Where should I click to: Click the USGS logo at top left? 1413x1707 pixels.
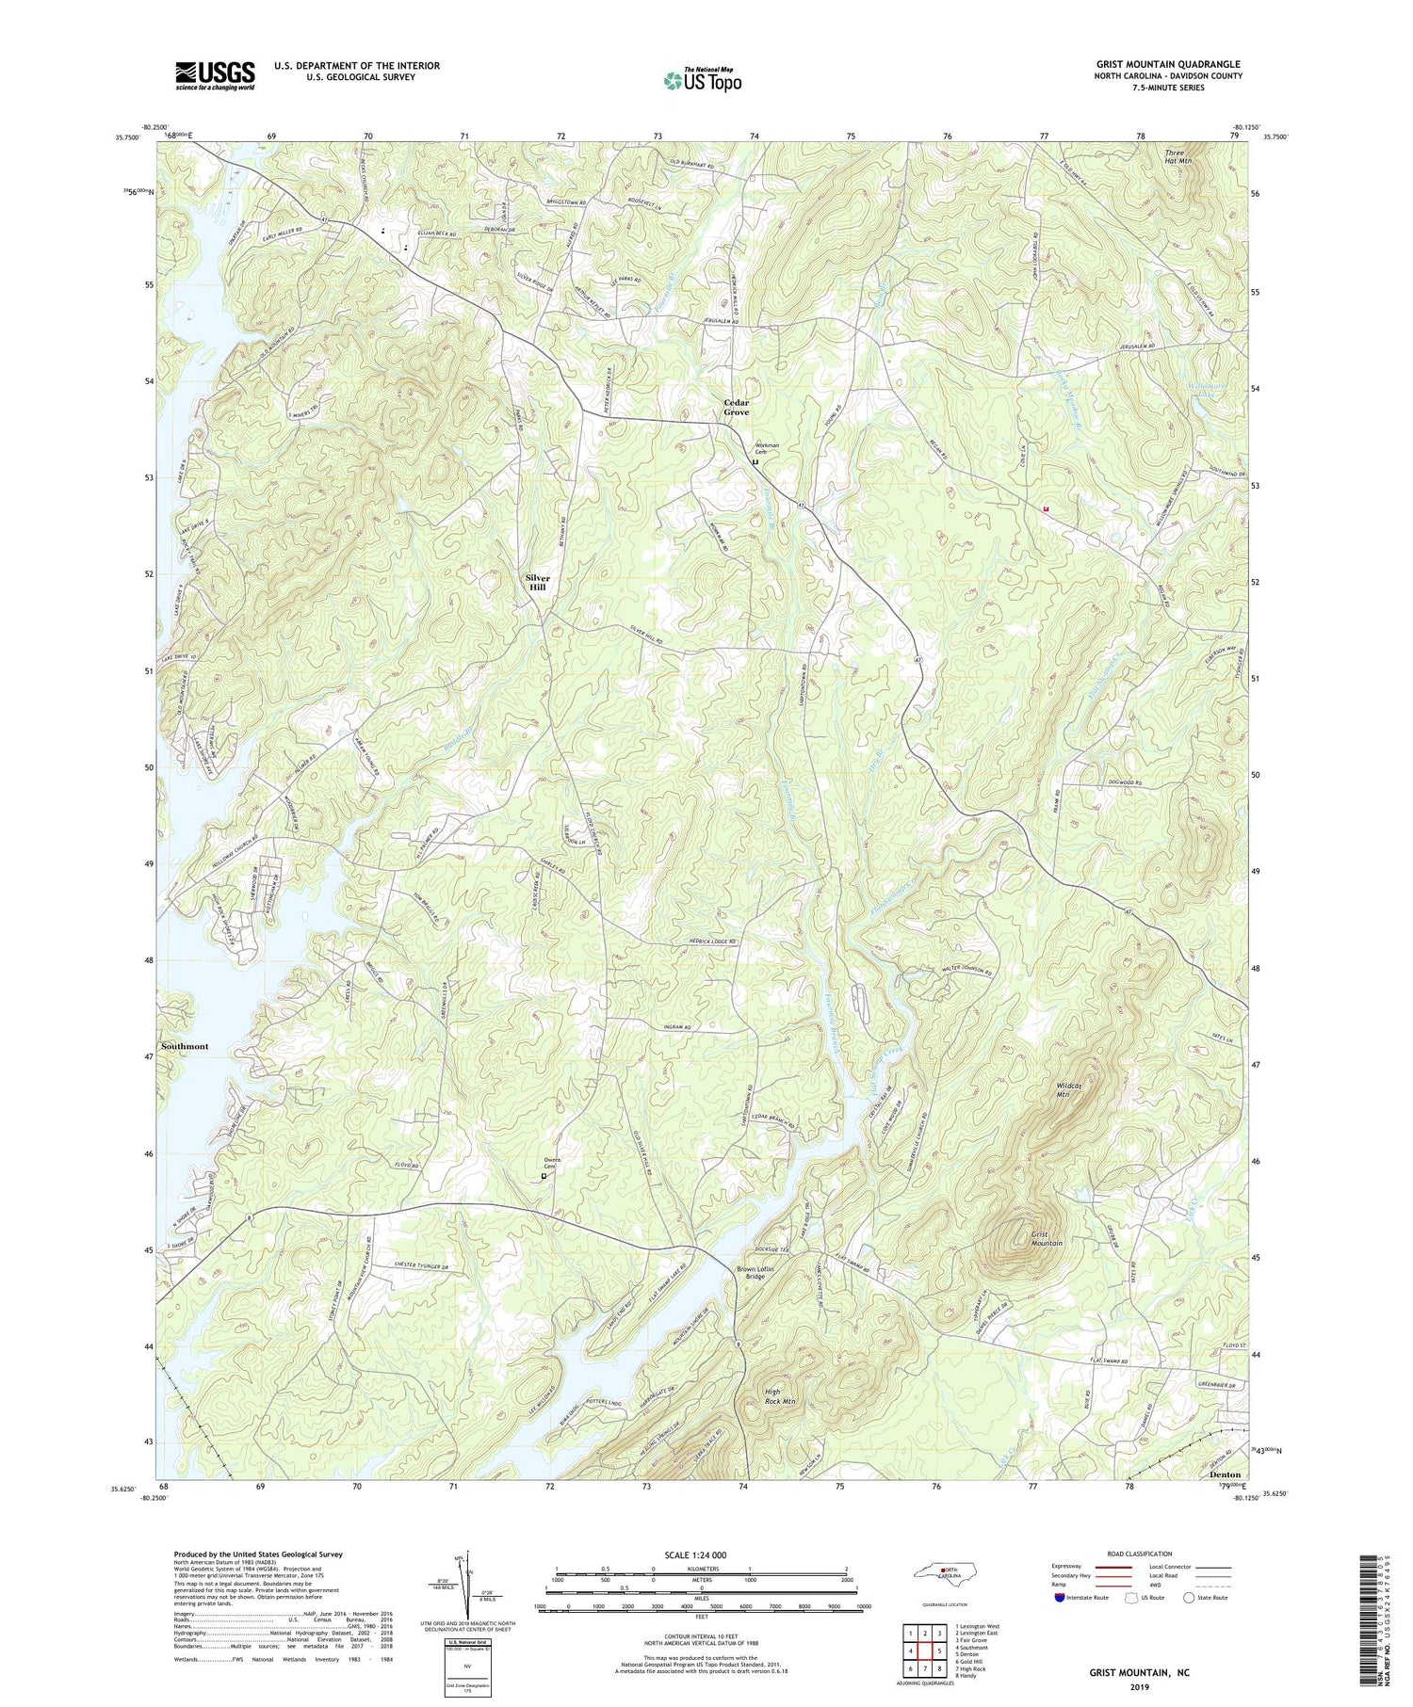[x=215, y=76]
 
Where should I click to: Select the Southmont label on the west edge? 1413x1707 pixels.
[x=185, y=1046]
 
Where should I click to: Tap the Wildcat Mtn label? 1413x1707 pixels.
[x=1067, y=1090]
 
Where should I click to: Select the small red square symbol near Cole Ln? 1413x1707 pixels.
[x=1046, y=509]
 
